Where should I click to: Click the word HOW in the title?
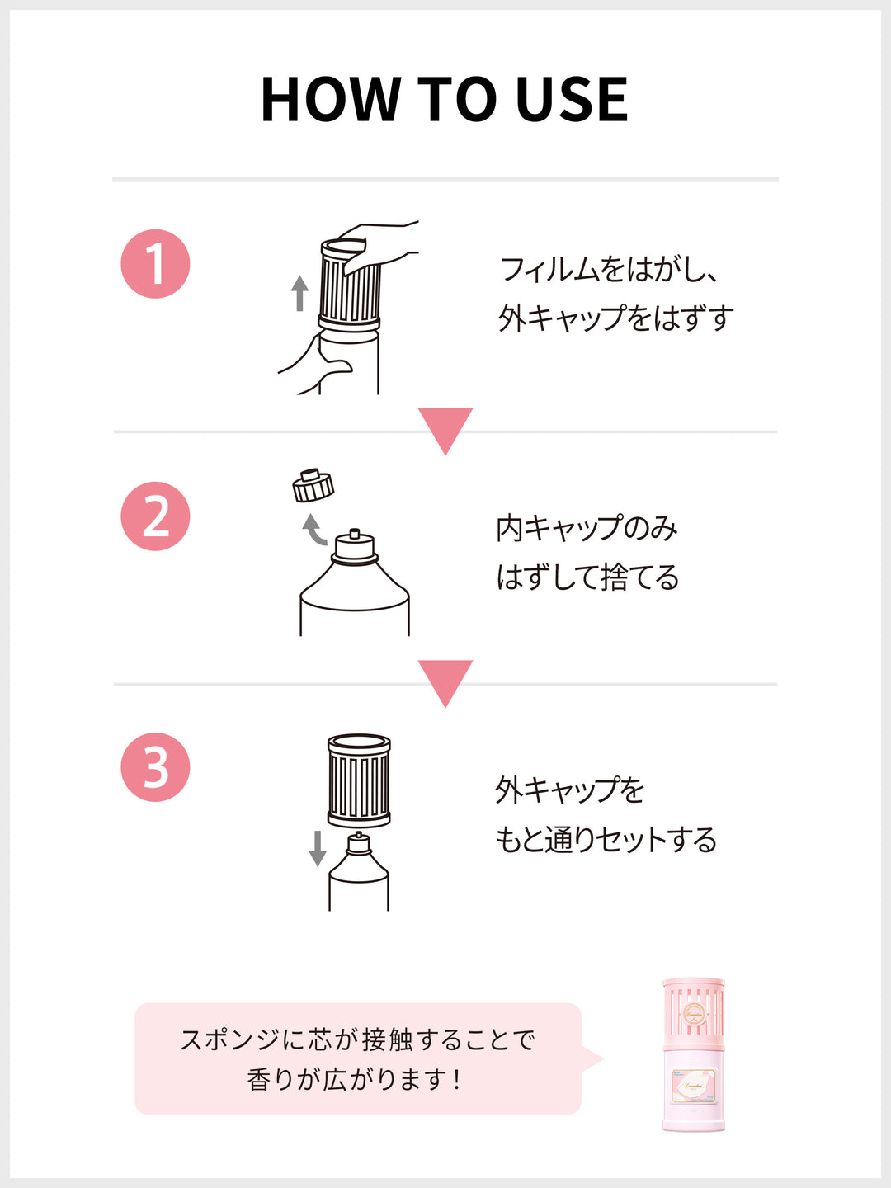point(329,100)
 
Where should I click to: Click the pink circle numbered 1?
point(155,264)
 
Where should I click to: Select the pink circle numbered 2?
point(155,516)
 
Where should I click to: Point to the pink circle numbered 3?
point(155,767)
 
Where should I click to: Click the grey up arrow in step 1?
point(299,293)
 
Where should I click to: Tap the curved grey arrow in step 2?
point(313,530)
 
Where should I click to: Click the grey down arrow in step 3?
point(318,848)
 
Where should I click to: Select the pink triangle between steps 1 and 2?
point(445,427)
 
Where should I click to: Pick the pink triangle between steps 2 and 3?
point(445,680)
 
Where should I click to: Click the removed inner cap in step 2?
point(313,486)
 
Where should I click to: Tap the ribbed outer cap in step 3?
point(359,780)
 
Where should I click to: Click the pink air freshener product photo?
point(693,1056)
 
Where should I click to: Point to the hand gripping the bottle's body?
point(309,363)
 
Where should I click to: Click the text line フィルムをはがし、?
point(609,270)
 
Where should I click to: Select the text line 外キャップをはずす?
point(615,318)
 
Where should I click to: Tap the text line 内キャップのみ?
point(587,528)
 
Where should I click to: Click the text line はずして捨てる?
point(587,577)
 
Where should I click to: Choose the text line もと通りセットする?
point(606,840)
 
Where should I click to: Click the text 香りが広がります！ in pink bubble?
point(355,1079)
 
